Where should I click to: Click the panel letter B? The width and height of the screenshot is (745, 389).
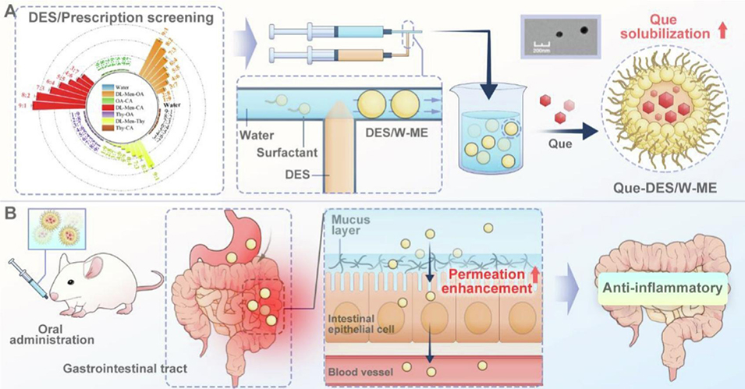point(11,211)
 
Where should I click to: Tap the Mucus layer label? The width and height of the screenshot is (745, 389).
point(351,226)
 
